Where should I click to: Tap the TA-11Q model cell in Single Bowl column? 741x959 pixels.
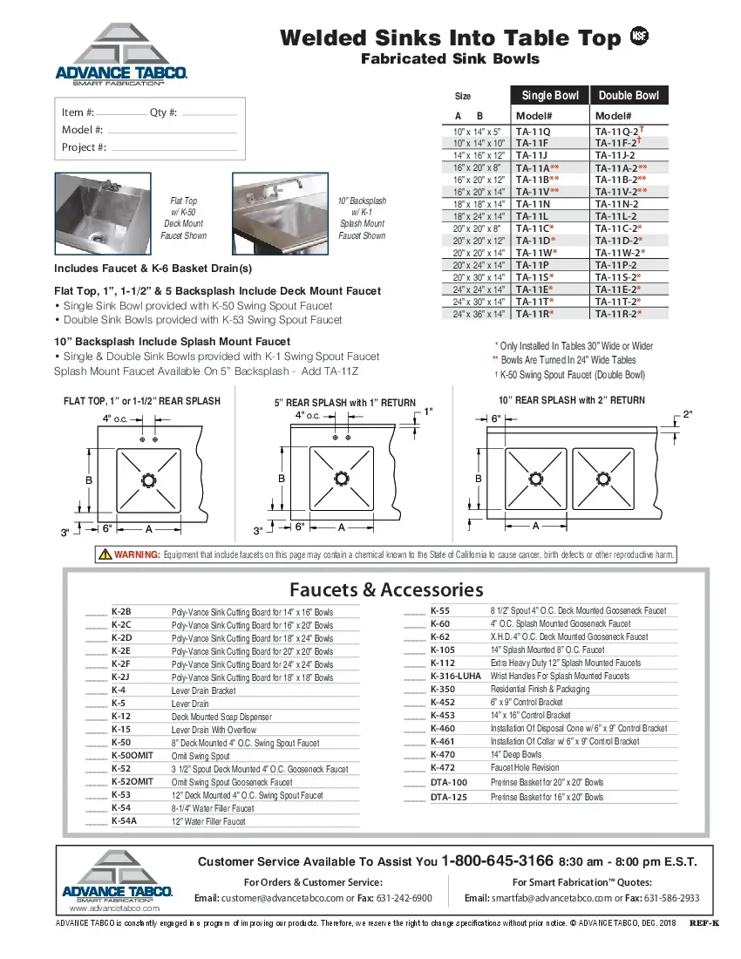pyautogui.click(x=534, y=132)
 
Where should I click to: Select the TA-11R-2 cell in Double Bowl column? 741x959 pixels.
pyautogui.click(x=618, y=313)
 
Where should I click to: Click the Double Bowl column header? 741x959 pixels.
pyautogui.click(x=629, y=95)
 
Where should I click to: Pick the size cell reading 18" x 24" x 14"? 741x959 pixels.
pyautogui.click(x=479, y=215)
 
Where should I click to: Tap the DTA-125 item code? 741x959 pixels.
pyautogui.click(x=449, y=797)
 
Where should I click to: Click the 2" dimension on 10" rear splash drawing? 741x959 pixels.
pyautogui.click(x=687, y=414)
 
